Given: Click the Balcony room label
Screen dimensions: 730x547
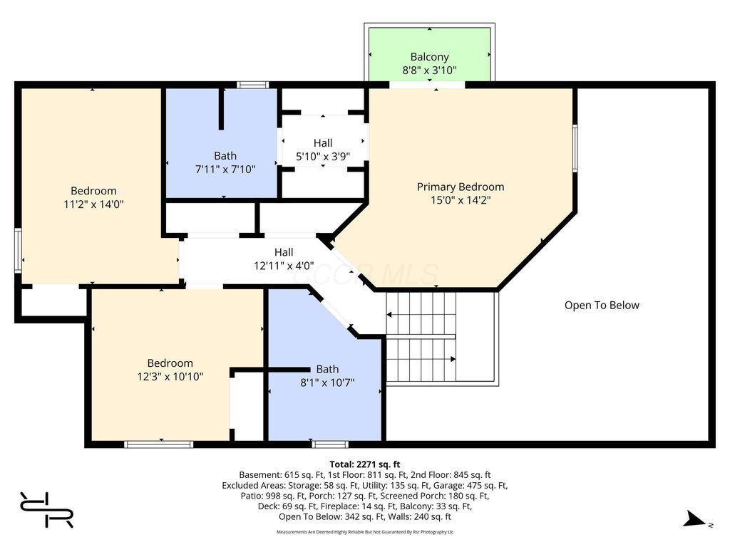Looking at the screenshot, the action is point(429,57).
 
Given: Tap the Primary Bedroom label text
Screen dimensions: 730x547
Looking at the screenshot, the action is point(461,187).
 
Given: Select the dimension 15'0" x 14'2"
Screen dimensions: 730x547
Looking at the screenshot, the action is point(461,200).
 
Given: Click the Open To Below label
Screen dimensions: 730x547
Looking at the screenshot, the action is point(602,305).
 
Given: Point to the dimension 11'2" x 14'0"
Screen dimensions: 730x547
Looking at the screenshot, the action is point(93,204).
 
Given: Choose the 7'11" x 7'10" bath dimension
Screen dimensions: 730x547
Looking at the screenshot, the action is point(225,170).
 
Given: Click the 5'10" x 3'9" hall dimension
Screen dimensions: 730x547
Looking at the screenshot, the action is point(323,156).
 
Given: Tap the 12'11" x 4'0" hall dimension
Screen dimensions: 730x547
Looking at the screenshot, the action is point(284,266).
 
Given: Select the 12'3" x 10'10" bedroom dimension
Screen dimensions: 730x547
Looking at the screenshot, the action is point(170,376).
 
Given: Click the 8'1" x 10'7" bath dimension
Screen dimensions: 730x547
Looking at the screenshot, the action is point(327,382).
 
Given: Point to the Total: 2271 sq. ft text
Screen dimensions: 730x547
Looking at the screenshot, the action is point(365,464).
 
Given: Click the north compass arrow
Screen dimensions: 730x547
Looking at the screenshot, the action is point(696,519).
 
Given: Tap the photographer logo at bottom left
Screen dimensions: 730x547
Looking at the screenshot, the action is point(46,510).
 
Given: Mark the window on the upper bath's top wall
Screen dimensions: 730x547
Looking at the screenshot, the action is point(252,85).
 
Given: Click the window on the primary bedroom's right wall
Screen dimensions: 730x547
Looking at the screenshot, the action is point(575,148).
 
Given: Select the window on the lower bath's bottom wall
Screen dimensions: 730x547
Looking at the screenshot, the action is point(330,444).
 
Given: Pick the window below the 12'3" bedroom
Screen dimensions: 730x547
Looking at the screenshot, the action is point(159,444).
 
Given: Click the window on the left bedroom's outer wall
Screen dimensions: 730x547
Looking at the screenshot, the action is point(18,250).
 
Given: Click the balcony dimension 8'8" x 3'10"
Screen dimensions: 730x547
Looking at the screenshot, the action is point(429,71).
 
